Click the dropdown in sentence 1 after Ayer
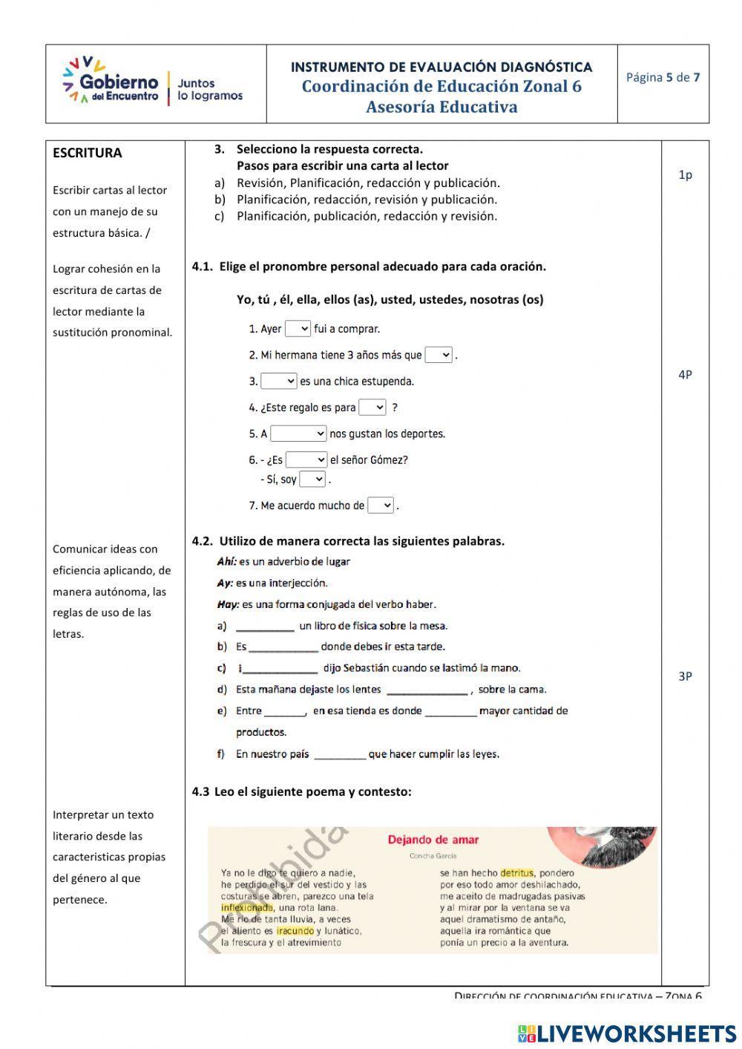point(298,328)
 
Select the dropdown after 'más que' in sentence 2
point(439,355)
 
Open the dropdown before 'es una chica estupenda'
point(279,381)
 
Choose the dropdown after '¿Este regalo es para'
point(372,407)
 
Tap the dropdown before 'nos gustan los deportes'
point(298,434)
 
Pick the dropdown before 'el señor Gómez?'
point(306,460)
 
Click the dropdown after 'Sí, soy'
point(312,479)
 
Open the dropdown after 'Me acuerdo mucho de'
point(381,506)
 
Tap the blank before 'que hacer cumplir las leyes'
point(340,754)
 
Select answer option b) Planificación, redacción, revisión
point(367,199)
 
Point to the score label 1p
point(685,175)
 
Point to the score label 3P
point(685,676)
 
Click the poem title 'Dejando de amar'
point(433,840)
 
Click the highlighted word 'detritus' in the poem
point(516,873)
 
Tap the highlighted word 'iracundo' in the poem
point(295,931)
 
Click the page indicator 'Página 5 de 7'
point(663,77)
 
